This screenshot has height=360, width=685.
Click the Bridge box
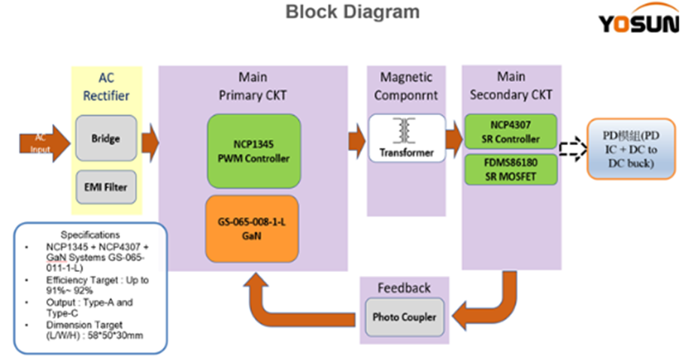pos(106,138)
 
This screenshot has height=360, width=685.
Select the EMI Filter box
pos(106,187)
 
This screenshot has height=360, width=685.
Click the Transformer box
pos(406,138)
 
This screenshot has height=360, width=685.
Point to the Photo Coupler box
pos(405,316)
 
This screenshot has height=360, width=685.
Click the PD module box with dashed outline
pos(631,149)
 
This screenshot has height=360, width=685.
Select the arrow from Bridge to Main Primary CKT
pos(150,140)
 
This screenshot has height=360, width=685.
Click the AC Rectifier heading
pos(106,86)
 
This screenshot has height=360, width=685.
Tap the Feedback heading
pos(405,288)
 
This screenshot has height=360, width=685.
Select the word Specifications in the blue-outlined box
pos(90,234)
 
